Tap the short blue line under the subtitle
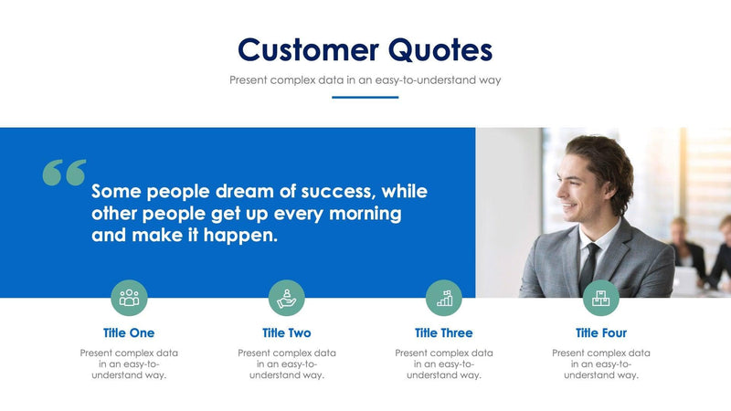[x=365, y=97]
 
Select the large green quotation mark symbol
[x=64, y=173]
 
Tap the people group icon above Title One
[x=129, y=298]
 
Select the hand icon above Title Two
[x=286, y=298]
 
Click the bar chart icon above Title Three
[x=444, y=298]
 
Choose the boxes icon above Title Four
[x=601, y=298]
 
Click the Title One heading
[x=129, y=333]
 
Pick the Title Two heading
[x=286, y=333]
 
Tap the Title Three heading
[x=444, y=333]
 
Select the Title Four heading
[x=601, y=333]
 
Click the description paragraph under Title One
[x=129, y=364]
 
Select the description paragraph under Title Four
[x=601, y=364]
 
